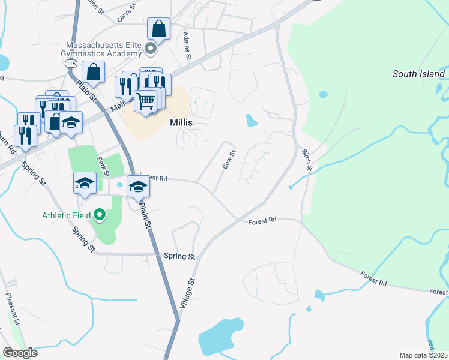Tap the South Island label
click(418, 74)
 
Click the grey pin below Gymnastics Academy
click(152, 48)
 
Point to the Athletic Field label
click(66, 215)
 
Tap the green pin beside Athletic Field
click(100, 215)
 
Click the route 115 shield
click(71, 63)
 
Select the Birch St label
click(307, 160)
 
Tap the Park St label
click(102, 166)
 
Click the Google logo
click(20, 353)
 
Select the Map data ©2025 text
click(423, 355)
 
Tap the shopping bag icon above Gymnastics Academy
click(158, 28)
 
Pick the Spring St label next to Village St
click(179, 256)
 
